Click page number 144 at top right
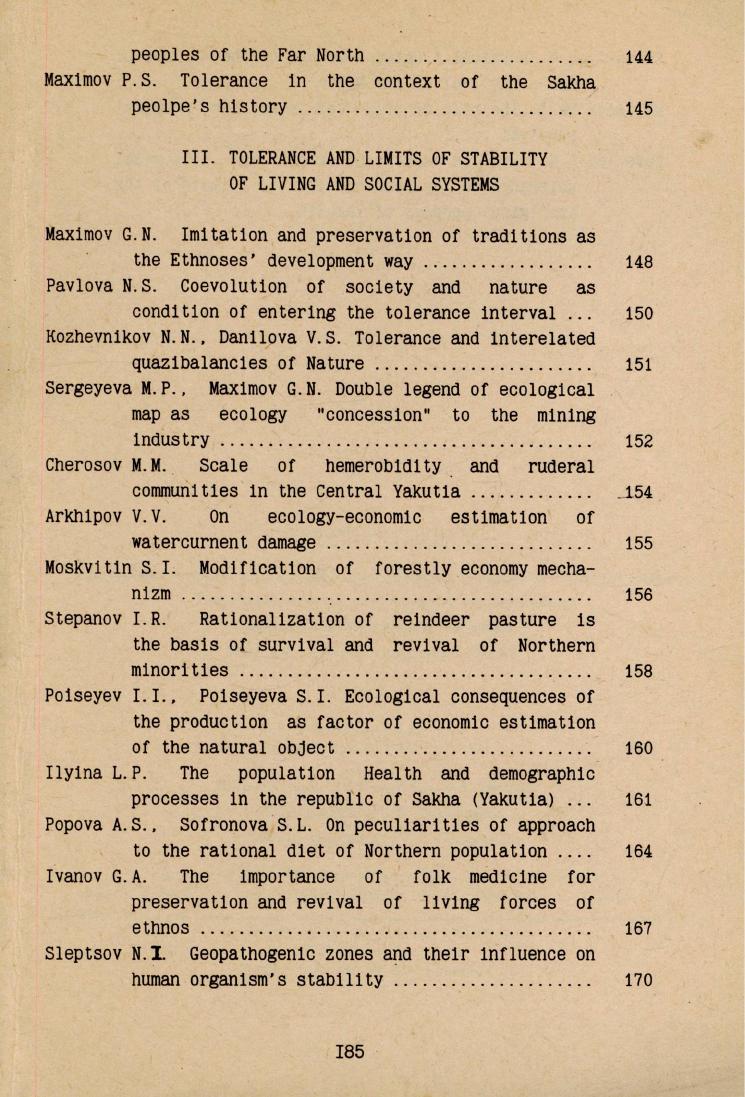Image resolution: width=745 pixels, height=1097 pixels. (x=638, y=57)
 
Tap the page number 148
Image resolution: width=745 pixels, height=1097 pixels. (x=638, y=263)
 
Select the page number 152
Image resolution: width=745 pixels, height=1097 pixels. (x=638, y=440)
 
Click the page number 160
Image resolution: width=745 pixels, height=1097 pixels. (x=638, y=748)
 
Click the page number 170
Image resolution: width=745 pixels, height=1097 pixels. (x=638, y=979)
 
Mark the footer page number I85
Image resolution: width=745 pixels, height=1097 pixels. (x=351, y=1052)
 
